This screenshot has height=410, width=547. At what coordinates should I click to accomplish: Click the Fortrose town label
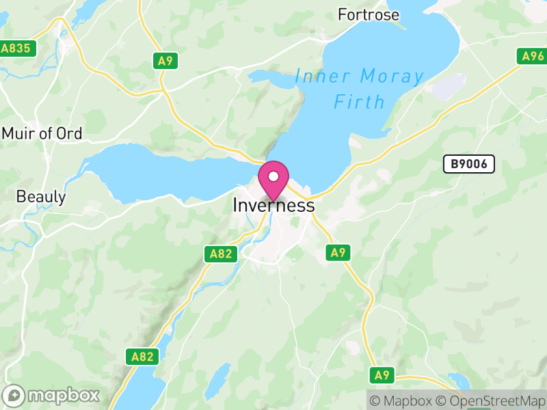coord(369,14)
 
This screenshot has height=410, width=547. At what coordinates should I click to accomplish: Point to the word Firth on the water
coord(360,102)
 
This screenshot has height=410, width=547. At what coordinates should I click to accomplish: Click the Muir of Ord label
coord(42,133)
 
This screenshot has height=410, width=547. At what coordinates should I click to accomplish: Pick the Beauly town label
coord(41,197)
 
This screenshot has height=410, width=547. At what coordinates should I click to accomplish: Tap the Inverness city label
coord(273,205)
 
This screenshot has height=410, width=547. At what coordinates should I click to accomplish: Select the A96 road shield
coord(531,57)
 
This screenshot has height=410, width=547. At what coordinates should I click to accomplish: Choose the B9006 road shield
coord(468,164)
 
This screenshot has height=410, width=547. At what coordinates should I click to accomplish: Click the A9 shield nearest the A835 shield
coord(165,61)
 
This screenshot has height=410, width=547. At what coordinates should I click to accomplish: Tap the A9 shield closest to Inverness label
coord(338,252)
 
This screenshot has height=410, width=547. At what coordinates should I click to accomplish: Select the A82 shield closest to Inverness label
coord(221,254)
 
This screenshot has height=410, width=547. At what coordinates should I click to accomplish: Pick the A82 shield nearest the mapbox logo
coord(143,356)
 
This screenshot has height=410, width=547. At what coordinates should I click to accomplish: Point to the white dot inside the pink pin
coord(273,176)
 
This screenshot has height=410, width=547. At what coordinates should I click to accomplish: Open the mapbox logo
coord(51,396)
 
